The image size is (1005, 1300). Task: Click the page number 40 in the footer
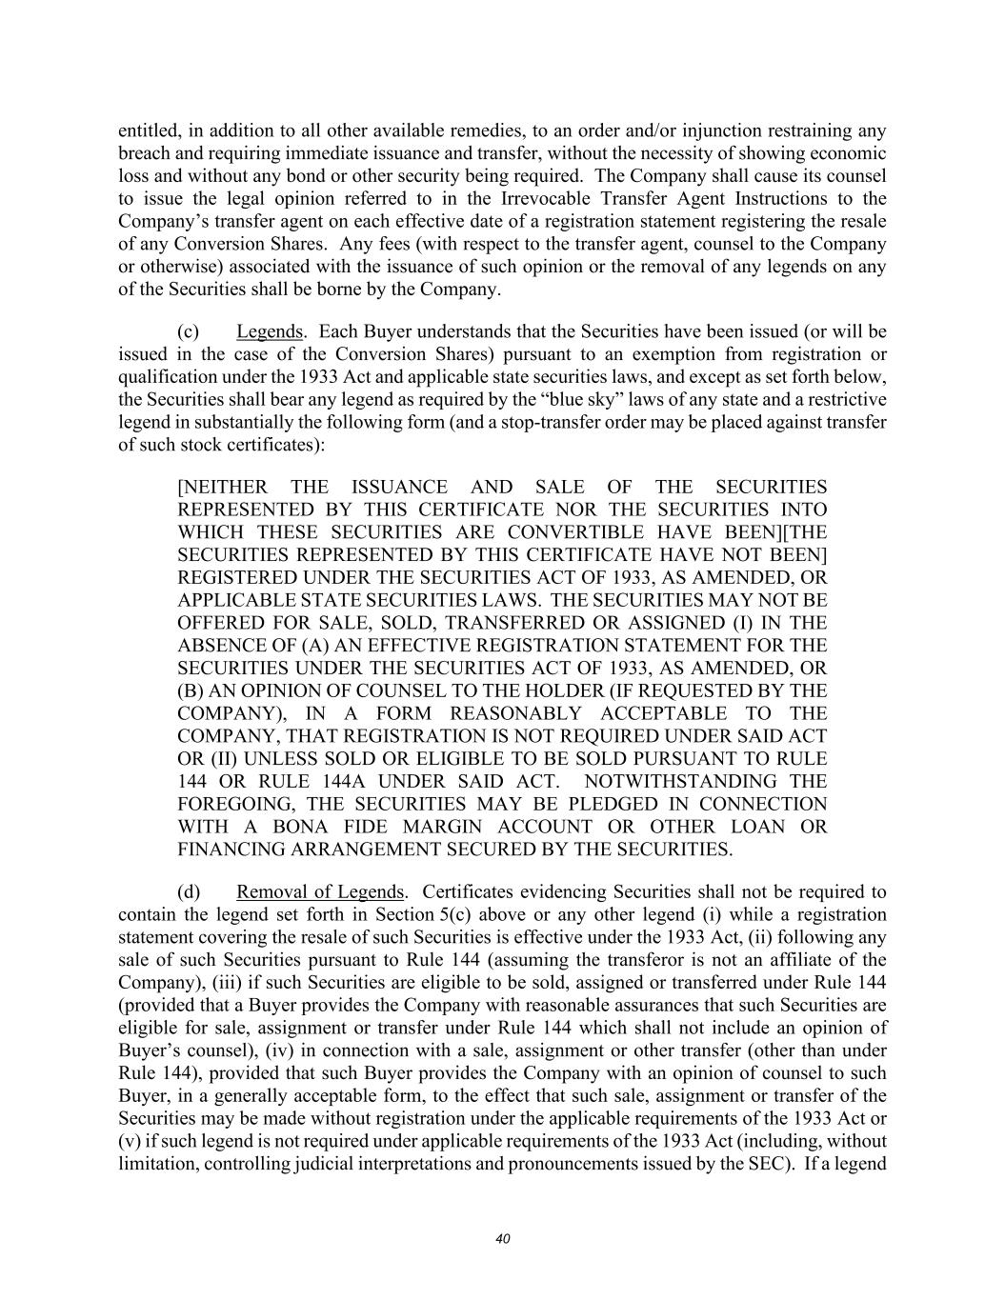(x=503, y=1239)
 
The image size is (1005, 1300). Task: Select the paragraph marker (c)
(x=188, y=331)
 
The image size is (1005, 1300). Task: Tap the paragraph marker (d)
(x=189, y=892)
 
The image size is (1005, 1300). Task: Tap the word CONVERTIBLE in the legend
(x=568, y=532)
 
